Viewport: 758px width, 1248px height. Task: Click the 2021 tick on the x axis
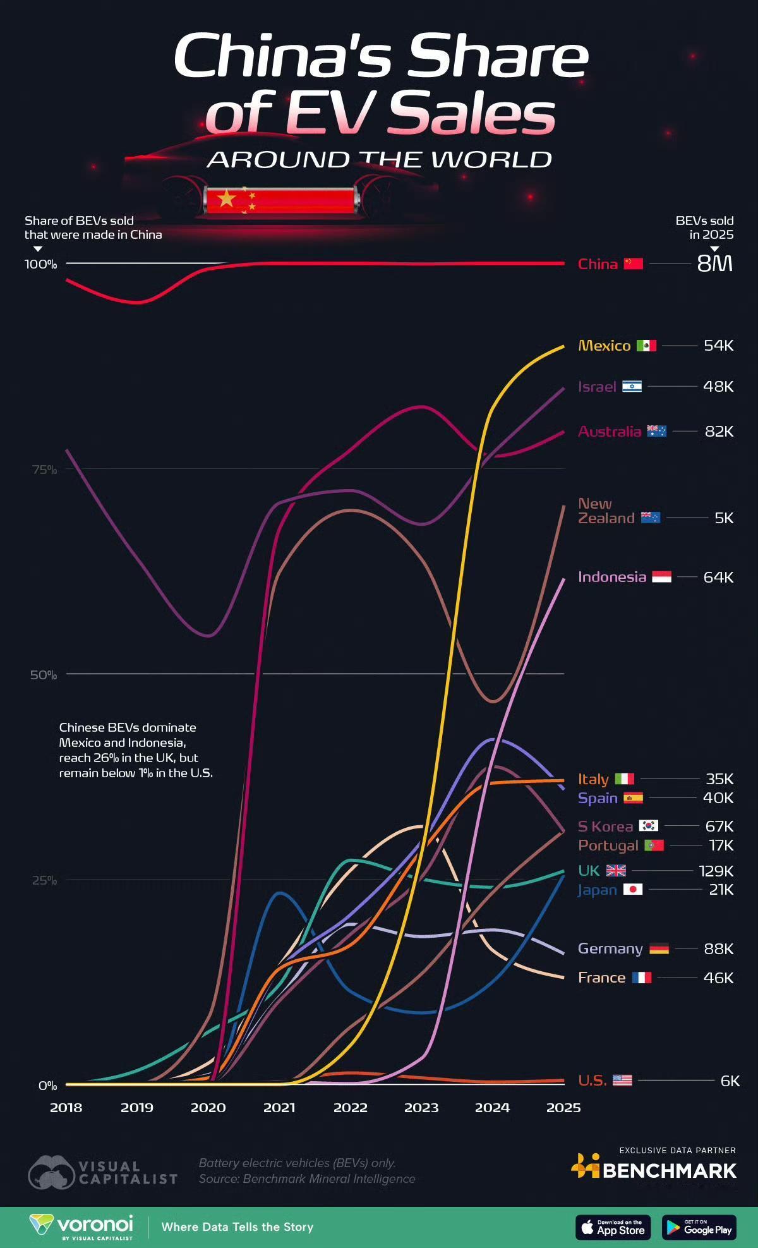coord(279,1108)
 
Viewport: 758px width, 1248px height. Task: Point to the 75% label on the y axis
coord(44,470)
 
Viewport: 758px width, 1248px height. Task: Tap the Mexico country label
coord(604,346)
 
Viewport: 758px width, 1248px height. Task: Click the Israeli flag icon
coord(632,387)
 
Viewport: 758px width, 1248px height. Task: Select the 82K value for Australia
coord(719,432)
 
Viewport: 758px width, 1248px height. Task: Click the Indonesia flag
coord(661,577)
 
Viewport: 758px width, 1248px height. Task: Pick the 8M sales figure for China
coord(714,264)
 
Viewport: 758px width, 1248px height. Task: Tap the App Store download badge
coord(613,1227)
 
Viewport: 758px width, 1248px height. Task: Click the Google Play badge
coord(699,1227)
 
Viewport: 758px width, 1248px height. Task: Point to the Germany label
coord(610,948)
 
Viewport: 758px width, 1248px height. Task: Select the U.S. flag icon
coord(622,1081)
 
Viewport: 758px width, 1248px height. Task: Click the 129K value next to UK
coord(716,871)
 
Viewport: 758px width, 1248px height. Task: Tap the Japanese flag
coord(633,890)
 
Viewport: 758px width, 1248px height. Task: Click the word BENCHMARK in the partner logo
coord(670,1171)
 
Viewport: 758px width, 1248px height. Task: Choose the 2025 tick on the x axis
coord(563,1108)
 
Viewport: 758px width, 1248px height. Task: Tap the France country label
coord(601,978)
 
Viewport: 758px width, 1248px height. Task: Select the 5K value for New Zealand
coord(724,518)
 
